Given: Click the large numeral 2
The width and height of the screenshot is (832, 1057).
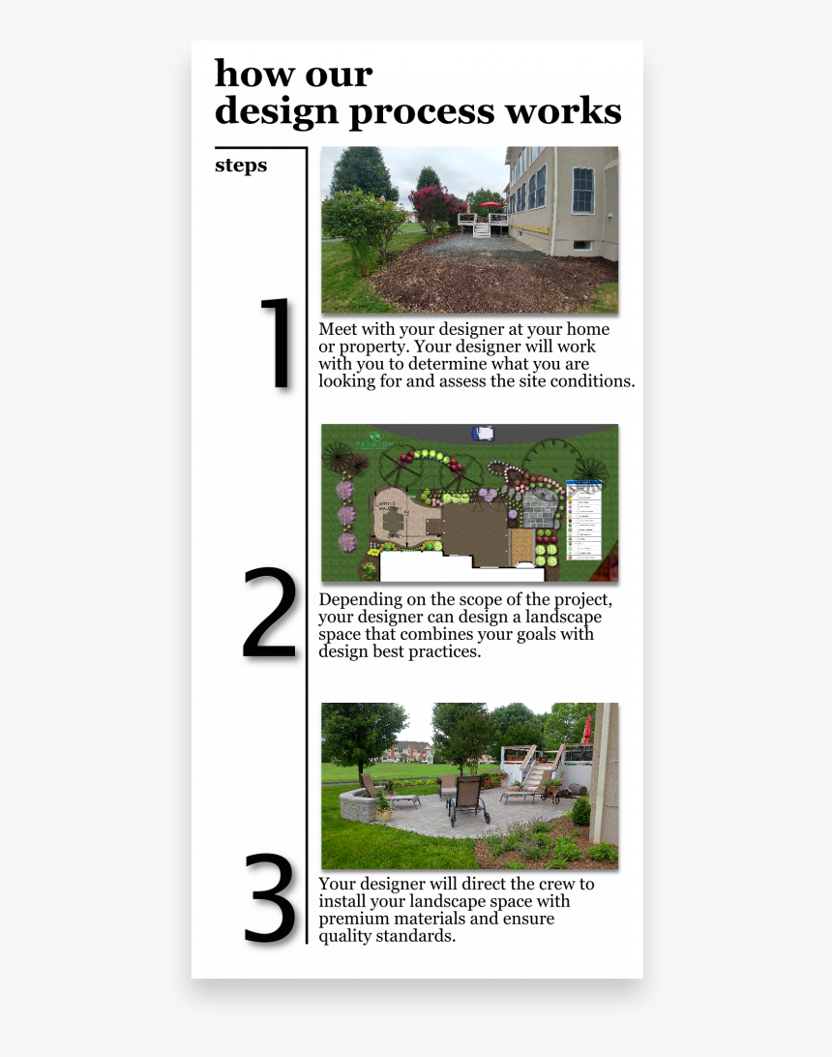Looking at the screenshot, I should coord(269,614).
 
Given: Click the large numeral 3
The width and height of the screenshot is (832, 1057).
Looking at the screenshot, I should coord(269,897).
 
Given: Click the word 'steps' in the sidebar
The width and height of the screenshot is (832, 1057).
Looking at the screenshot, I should coord(241,166).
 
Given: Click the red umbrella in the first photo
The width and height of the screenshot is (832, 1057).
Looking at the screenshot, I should coord(490,206).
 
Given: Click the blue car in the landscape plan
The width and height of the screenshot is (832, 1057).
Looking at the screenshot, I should coord(482,433).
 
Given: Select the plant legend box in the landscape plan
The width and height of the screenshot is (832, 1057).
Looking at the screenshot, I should coord(582,520).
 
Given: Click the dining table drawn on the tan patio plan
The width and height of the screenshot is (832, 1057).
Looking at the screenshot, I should coord(394,523).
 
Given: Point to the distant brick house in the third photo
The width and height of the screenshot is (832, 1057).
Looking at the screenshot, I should coord(410,751).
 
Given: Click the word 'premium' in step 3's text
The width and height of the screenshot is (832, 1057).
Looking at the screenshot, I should coord(354,919).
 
